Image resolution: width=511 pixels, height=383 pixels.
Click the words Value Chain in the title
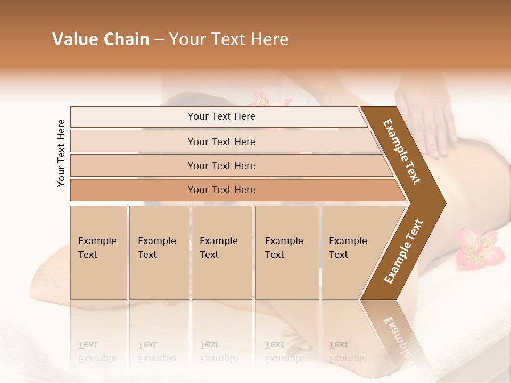coord(101,39)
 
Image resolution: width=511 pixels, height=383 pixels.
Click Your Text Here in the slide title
coord(229,39)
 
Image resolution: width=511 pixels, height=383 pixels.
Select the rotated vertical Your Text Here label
coord(61,153)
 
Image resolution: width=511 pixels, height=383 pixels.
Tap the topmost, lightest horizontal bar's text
coord(221,116)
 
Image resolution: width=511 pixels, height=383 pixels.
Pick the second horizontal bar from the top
coord(221,141)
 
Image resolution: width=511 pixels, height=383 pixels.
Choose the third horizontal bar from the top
coord(221,165)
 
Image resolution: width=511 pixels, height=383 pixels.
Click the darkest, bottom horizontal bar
coord(221,190)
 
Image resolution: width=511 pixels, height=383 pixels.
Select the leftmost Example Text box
coord(98,252)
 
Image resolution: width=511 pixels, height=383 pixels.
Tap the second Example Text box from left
coord(159,252)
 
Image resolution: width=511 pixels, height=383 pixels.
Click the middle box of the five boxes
coord(221,252)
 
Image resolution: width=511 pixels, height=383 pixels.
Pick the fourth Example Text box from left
coord(287,252)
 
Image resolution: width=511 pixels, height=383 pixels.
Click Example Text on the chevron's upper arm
coord(402,152)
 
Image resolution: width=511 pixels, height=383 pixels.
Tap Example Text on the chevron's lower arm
coord(403,252)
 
